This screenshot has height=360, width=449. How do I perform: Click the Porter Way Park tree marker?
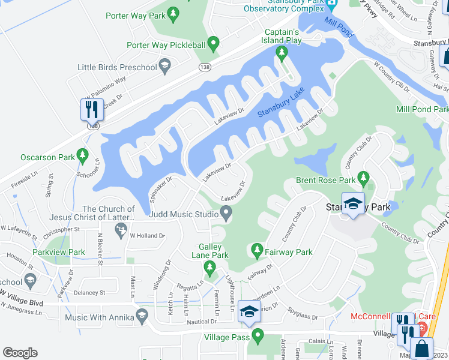point(173,13)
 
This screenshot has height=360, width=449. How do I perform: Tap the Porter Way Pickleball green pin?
point(213,44)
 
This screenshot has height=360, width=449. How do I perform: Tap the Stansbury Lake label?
point(281,103)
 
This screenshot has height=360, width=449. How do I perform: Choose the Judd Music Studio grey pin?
point(226,212)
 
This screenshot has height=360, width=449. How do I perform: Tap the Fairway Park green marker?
point(257,249)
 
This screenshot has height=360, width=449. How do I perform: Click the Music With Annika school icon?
point(142,316)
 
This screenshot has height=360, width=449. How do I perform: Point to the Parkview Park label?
point(59,253)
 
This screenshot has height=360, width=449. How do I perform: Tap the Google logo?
point(20,353)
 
